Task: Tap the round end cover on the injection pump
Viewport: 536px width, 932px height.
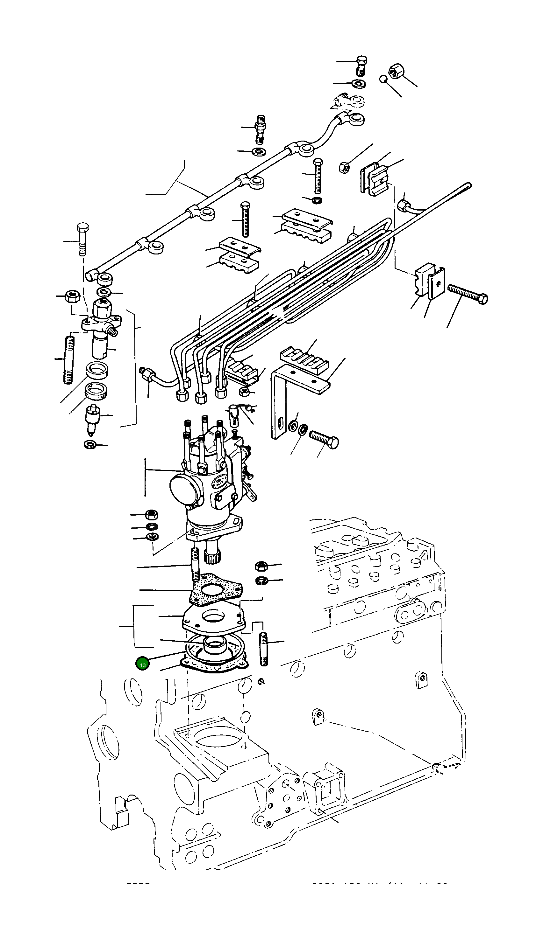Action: point(182,489)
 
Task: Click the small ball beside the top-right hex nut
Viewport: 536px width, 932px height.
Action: point(383,79)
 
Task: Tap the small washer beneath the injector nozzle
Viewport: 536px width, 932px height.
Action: point(90,444)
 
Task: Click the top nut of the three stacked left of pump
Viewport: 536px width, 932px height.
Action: point(151,514)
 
